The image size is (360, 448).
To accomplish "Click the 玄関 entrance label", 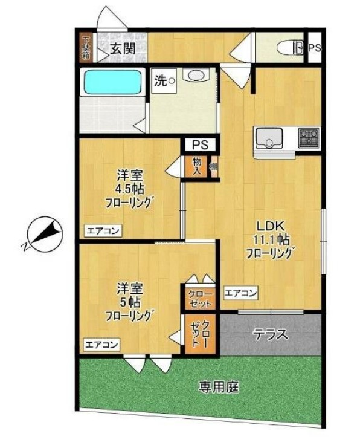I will click(122, 49).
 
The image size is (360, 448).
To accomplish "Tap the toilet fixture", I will click(289, 48).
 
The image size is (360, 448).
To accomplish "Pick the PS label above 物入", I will click(200, 144).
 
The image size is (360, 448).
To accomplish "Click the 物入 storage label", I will click(198, 165).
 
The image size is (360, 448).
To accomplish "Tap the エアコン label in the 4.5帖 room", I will click(103, 230).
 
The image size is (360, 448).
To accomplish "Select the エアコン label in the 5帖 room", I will click(101, 345).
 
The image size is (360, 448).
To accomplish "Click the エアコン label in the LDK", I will click(241, 293).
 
